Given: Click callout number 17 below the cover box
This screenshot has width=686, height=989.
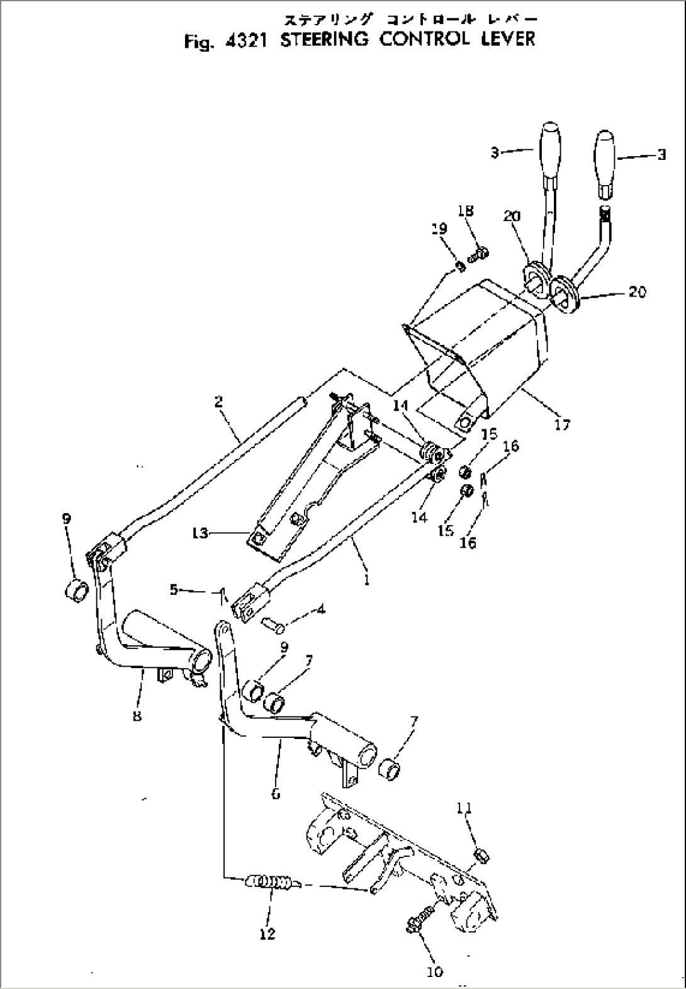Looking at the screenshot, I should click(x=562, y=424).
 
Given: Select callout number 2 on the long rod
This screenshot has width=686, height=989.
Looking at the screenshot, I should click(x=218, y=401).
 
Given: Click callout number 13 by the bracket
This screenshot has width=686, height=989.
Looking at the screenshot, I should click(x=200, y=534).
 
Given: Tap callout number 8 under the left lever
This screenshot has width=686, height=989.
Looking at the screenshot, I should click(x=137, y=715).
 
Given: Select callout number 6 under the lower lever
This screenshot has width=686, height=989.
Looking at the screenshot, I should click(x=276, y=794).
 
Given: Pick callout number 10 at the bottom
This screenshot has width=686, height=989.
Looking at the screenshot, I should click(x=434, y=971).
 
